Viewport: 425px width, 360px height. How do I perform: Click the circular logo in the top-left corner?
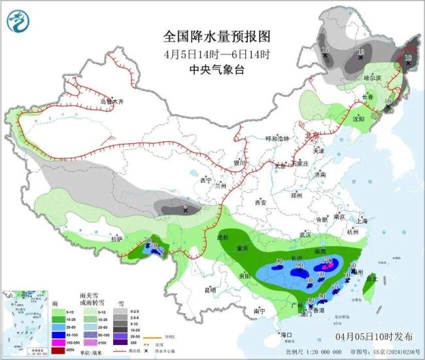tap(20, 22)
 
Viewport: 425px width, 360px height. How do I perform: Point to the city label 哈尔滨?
tap(371, 78)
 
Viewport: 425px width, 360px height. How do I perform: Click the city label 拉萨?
tap(116, 240)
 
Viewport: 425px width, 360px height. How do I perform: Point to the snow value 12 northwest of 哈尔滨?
tap(360, 52)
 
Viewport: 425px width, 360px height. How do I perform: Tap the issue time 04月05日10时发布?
tap(375, 336)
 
